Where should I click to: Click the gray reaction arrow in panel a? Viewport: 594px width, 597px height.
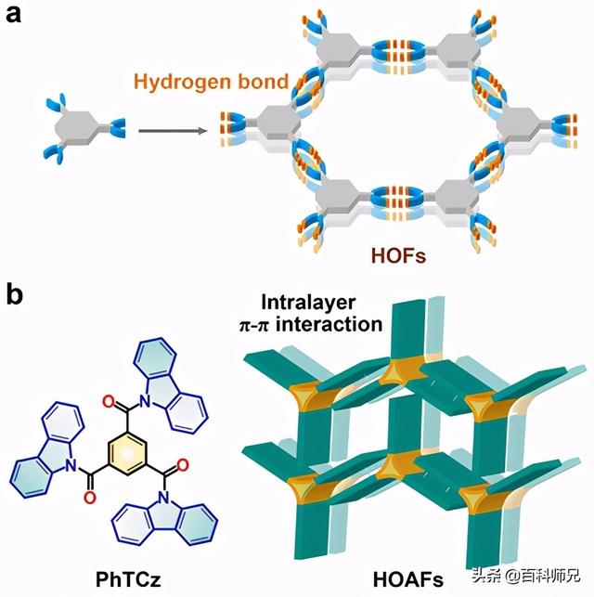point(172,131)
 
